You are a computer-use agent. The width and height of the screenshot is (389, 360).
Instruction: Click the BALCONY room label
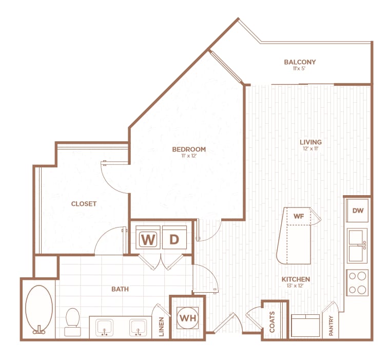point(300,62)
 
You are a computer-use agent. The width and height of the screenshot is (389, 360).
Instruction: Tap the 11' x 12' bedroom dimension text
point(189,156)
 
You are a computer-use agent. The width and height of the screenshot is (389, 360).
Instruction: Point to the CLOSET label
point(84,204)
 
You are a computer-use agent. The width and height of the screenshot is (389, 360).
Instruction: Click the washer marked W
point(147,239)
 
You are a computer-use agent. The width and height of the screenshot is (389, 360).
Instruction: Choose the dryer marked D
point(174,239)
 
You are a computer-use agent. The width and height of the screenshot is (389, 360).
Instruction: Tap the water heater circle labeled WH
point(187,317)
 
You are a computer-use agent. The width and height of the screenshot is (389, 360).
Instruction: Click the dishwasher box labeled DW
point(357,211)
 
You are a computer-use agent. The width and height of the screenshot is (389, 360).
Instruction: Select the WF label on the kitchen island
point(299,216)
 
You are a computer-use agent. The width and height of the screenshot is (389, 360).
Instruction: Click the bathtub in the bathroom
point(38,308)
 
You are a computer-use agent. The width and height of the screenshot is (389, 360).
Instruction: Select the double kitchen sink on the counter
point(357,245)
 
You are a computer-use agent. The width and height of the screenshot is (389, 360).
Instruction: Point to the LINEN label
point(161,328)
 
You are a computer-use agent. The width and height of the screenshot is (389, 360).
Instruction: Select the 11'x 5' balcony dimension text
point(300,69)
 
